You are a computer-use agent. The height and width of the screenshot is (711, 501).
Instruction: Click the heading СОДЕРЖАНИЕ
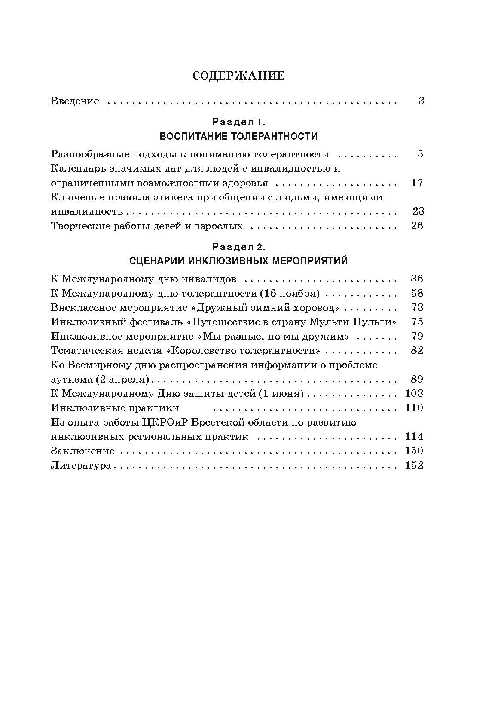[x=238, y=76]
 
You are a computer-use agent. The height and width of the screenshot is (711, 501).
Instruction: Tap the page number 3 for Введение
[x=421, y=101]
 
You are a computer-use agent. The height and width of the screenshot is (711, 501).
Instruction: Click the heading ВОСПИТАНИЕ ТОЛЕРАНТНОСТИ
[x=238, y=137]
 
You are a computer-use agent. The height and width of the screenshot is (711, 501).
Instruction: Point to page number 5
[x=420, y=154]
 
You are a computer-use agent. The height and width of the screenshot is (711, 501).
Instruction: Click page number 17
[x=417, y=183]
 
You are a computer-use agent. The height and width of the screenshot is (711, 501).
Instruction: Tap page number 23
[x=418, y=211]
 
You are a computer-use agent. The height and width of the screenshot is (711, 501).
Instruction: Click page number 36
[x=417, y=279]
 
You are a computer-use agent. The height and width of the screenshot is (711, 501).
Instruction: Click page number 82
[x=417, y=351]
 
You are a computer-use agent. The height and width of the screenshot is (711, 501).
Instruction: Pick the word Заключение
[x=82, y=451]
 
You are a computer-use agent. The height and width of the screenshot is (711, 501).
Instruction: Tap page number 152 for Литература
[x=414, y=466]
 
